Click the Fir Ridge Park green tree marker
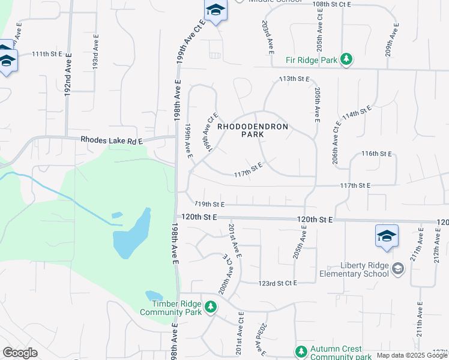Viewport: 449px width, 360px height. click(x=346, y=59)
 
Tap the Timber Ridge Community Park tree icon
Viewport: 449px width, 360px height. click(x=210, y=307)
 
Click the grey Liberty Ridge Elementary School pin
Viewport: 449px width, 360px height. click(x=397, y=269)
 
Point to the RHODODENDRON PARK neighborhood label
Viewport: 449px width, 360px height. click(x=253, y=131)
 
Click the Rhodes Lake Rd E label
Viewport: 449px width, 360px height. click(x=112, y=140)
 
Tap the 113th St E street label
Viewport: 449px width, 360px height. click(x=294, y=79)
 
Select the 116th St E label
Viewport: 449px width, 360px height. click(x=376, y=154)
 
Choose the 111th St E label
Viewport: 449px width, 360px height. click(x=47, y=54)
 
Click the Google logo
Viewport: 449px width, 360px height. click(x=20, y=353)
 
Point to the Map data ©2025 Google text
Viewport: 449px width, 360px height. click(x=412, y=355)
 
